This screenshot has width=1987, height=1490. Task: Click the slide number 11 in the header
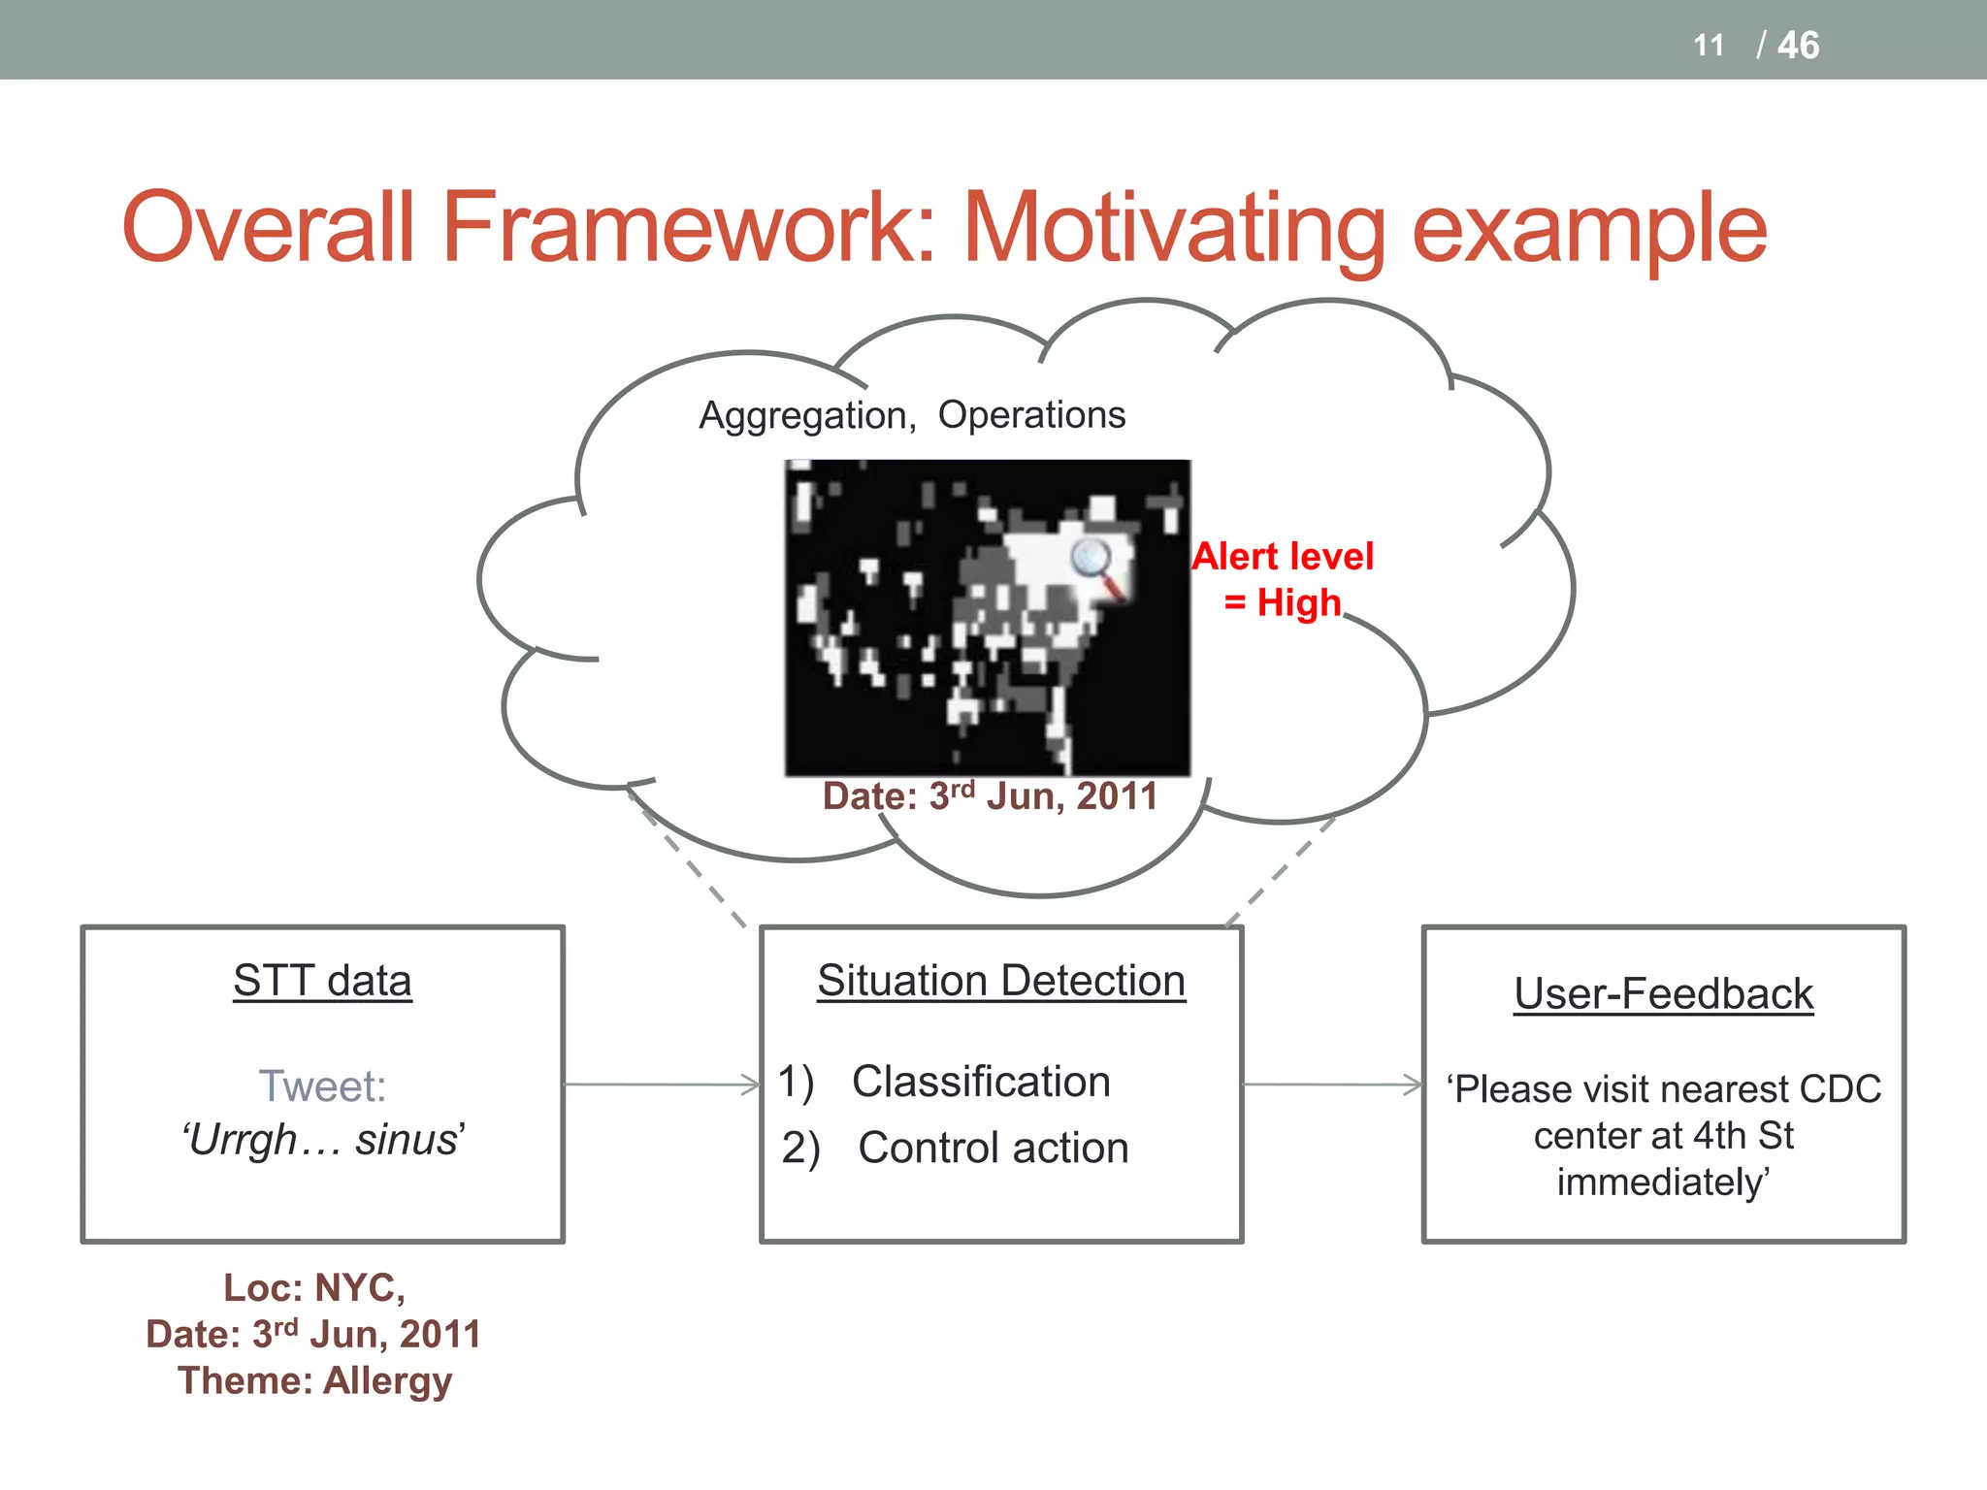point(1709,46)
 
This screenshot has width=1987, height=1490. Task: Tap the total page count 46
point(1798,46)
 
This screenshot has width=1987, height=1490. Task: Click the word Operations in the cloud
point(1031,414)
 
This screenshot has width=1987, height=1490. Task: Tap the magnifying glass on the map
point(1094,563)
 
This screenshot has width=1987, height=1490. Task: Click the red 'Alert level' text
point(1283,556)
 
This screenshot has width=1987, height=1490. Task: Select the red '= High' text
point(1283,602)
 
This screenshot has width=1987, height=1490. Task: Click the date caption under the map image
point(990,796)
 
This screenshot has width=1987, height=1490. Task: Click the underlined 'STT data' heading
point(322,981)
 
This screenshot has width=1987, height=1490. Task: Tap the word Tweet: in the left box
point(322,1085)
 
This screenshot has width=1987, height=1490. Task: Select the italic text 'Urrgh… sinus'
point(322,1140)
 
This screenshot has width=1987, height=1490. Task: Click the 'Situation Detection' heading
point(1000,981)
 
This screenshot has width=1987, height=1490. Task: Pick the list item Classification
point(981,1082)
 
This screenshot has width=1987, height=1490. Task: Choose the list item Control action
point(993,1149)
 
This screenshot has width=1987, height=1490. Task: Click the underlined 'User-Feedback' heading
point(1663,994)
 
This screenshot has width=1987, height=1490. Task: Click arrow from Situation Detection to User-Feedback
point(1332,1085)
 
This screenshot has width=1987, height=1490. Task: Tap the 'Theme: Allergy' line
point(314,1380)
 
